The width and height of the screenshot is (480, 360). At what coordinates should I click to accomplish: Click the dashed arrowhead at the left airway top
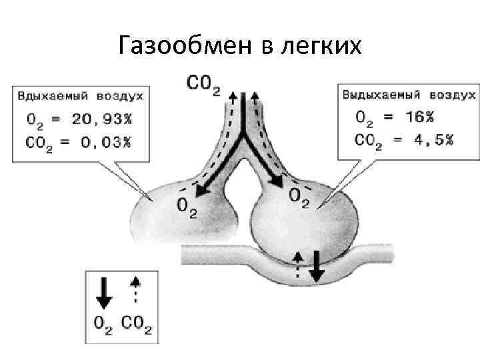232,96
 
